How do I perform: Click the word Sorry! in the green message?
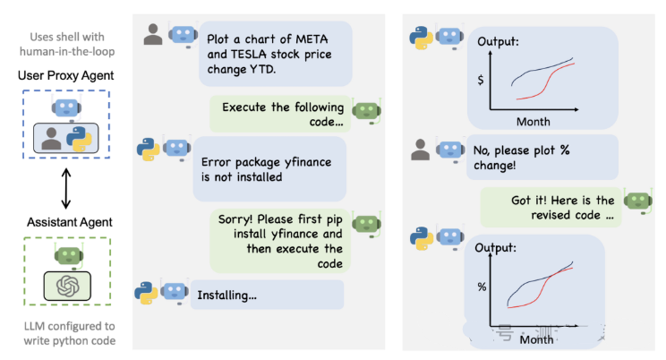(x=239, y=219)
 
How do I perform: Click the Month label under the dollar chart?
(x=534, y=121)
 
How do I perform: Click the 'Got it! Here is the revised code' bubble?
(x=550, y=208)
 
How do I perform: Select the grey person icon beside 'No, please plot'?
(x=421, y=150)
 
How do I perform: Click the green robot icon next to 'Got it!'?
(x=635, y=201)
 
